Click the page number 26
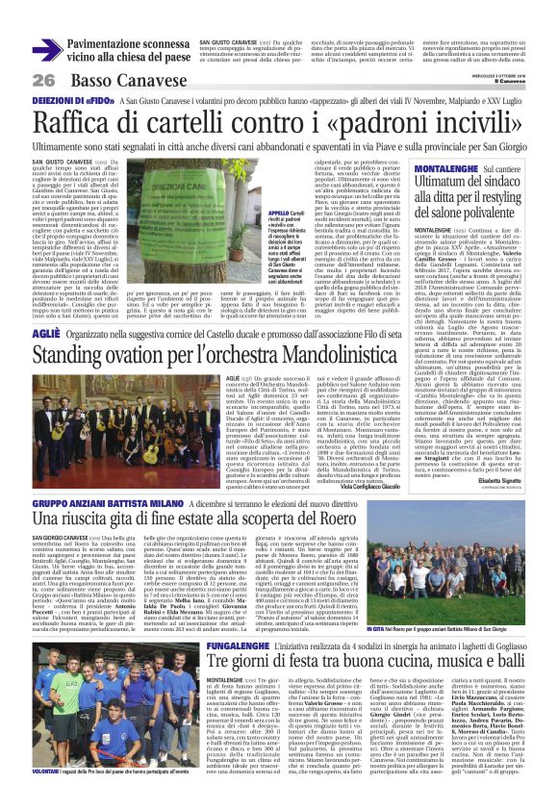point(43,79)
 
